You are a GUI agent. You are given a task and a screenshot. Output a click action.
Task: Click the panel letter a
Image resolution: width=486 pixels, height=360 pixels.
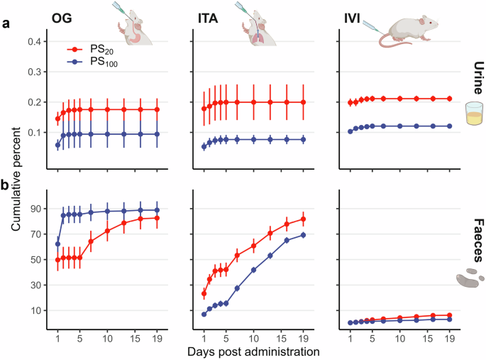[6, 23]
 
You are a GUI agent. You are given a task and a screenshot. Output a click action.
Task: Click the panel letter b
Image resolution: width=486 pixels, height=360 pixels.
[6, 185]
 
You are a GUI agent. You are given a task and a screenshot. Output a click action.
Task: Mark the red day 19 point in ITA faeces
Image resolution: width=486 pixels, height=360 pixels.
[303, 219]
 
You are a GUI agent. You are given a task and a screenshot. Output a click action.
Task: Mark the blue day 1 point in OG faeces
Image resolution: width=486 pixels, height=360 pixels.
[57, 244]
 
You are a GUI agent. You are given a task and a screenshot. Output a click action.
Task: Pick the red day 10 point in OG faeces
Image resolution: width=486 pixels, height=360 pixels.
[107, 231]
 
